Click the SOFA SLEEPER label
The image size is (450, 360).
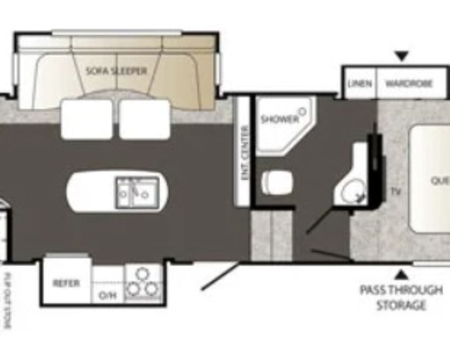[116, 71]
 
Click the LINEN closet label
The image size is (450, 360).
[360, 84]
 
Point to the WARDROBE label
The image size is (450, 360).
[409, 84]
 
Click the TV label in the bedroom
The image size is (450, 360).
[395, 192]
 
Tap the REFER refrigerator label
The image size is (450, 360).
[66, 283]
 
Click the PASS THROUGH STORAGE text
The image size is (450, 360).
[401, 297]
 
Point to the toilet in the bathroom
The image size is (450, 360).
[276, 182]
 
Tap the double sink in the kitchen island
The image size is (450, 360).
[137, 192]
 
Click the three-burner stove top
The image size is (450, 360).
[143, 283]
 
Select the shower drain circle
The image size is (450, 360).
[303, 110]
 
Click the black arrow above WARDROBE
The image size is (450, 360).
[401, 56]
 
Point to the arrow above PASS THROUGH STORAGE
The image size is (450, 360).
[401, 274]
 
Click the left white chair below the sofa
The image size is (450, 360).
[86, 119]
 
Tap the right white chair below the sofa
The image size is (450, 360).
[144, 119]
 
